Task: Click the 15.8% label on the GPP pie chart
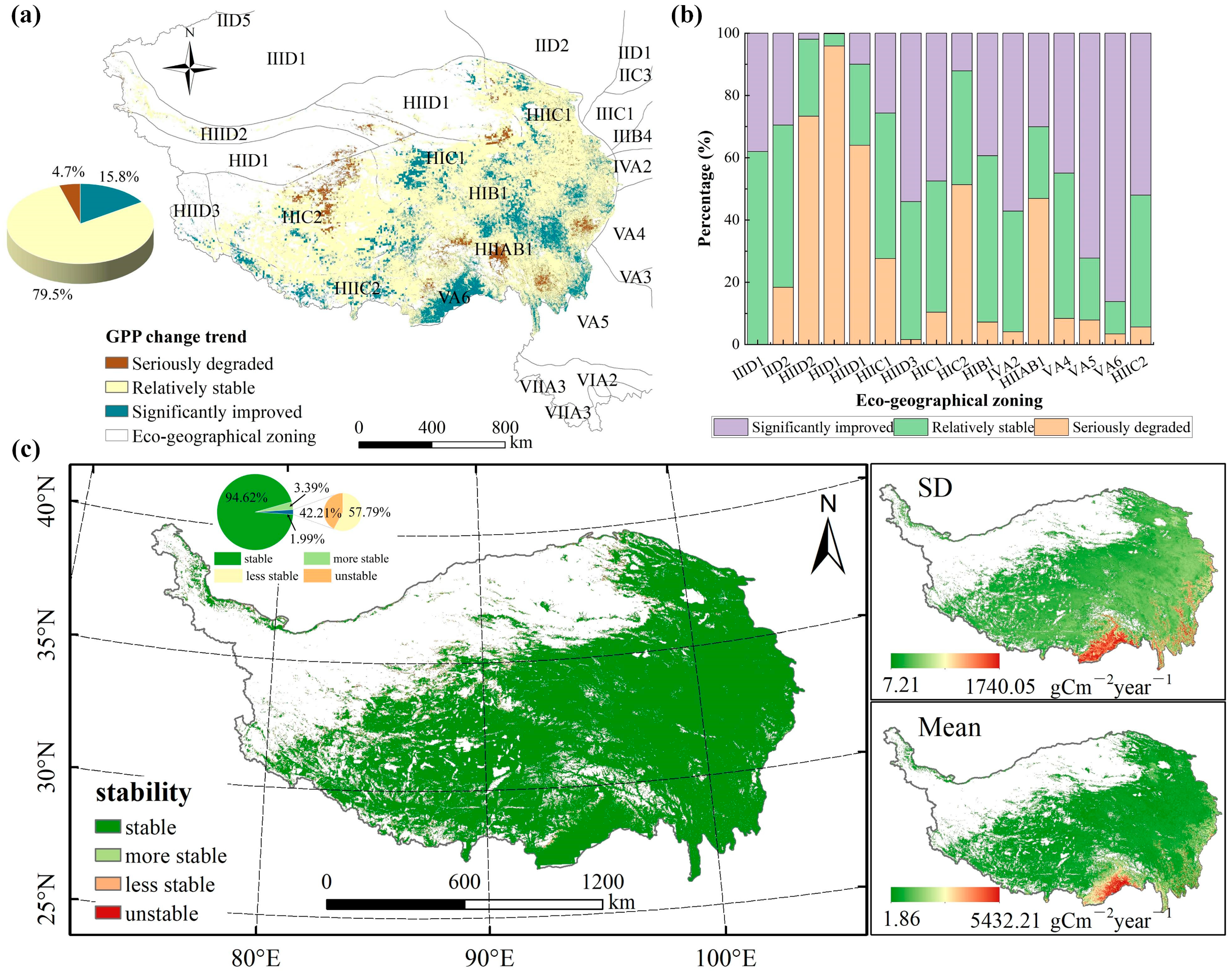119,177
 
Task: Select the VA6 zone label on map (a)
454,297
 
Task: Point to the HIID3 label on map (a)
196,211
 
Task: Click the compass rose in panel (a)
190,68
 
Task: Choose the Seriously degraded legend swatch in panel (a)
116,363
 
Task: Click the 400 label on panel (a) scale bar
431,427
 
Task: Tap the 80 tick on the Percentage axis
731,95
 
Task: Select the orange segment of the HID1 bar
834,194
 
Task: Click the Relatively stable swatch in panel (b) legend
910,427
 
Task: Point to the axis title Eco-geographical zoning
949,400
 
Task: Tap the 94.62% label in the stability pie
246,497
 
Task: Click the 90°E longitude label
489,958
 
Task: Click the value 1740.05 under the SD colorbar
1000,687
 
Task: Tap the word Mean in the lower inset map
949,728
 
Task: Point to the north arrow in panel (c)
828,536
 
